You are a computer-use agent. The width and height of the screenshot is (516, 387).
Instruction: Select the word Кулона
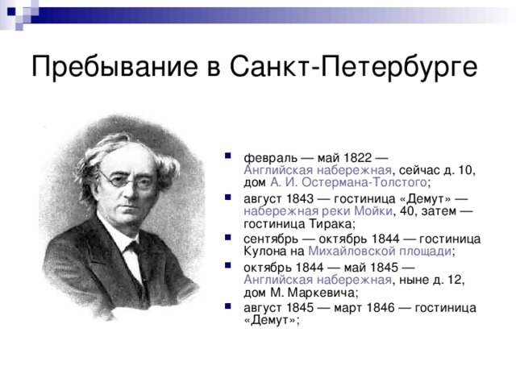point(264,252)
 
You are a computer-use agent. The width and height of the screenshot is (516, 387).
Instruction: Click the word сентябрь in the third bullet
point(271,239)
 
